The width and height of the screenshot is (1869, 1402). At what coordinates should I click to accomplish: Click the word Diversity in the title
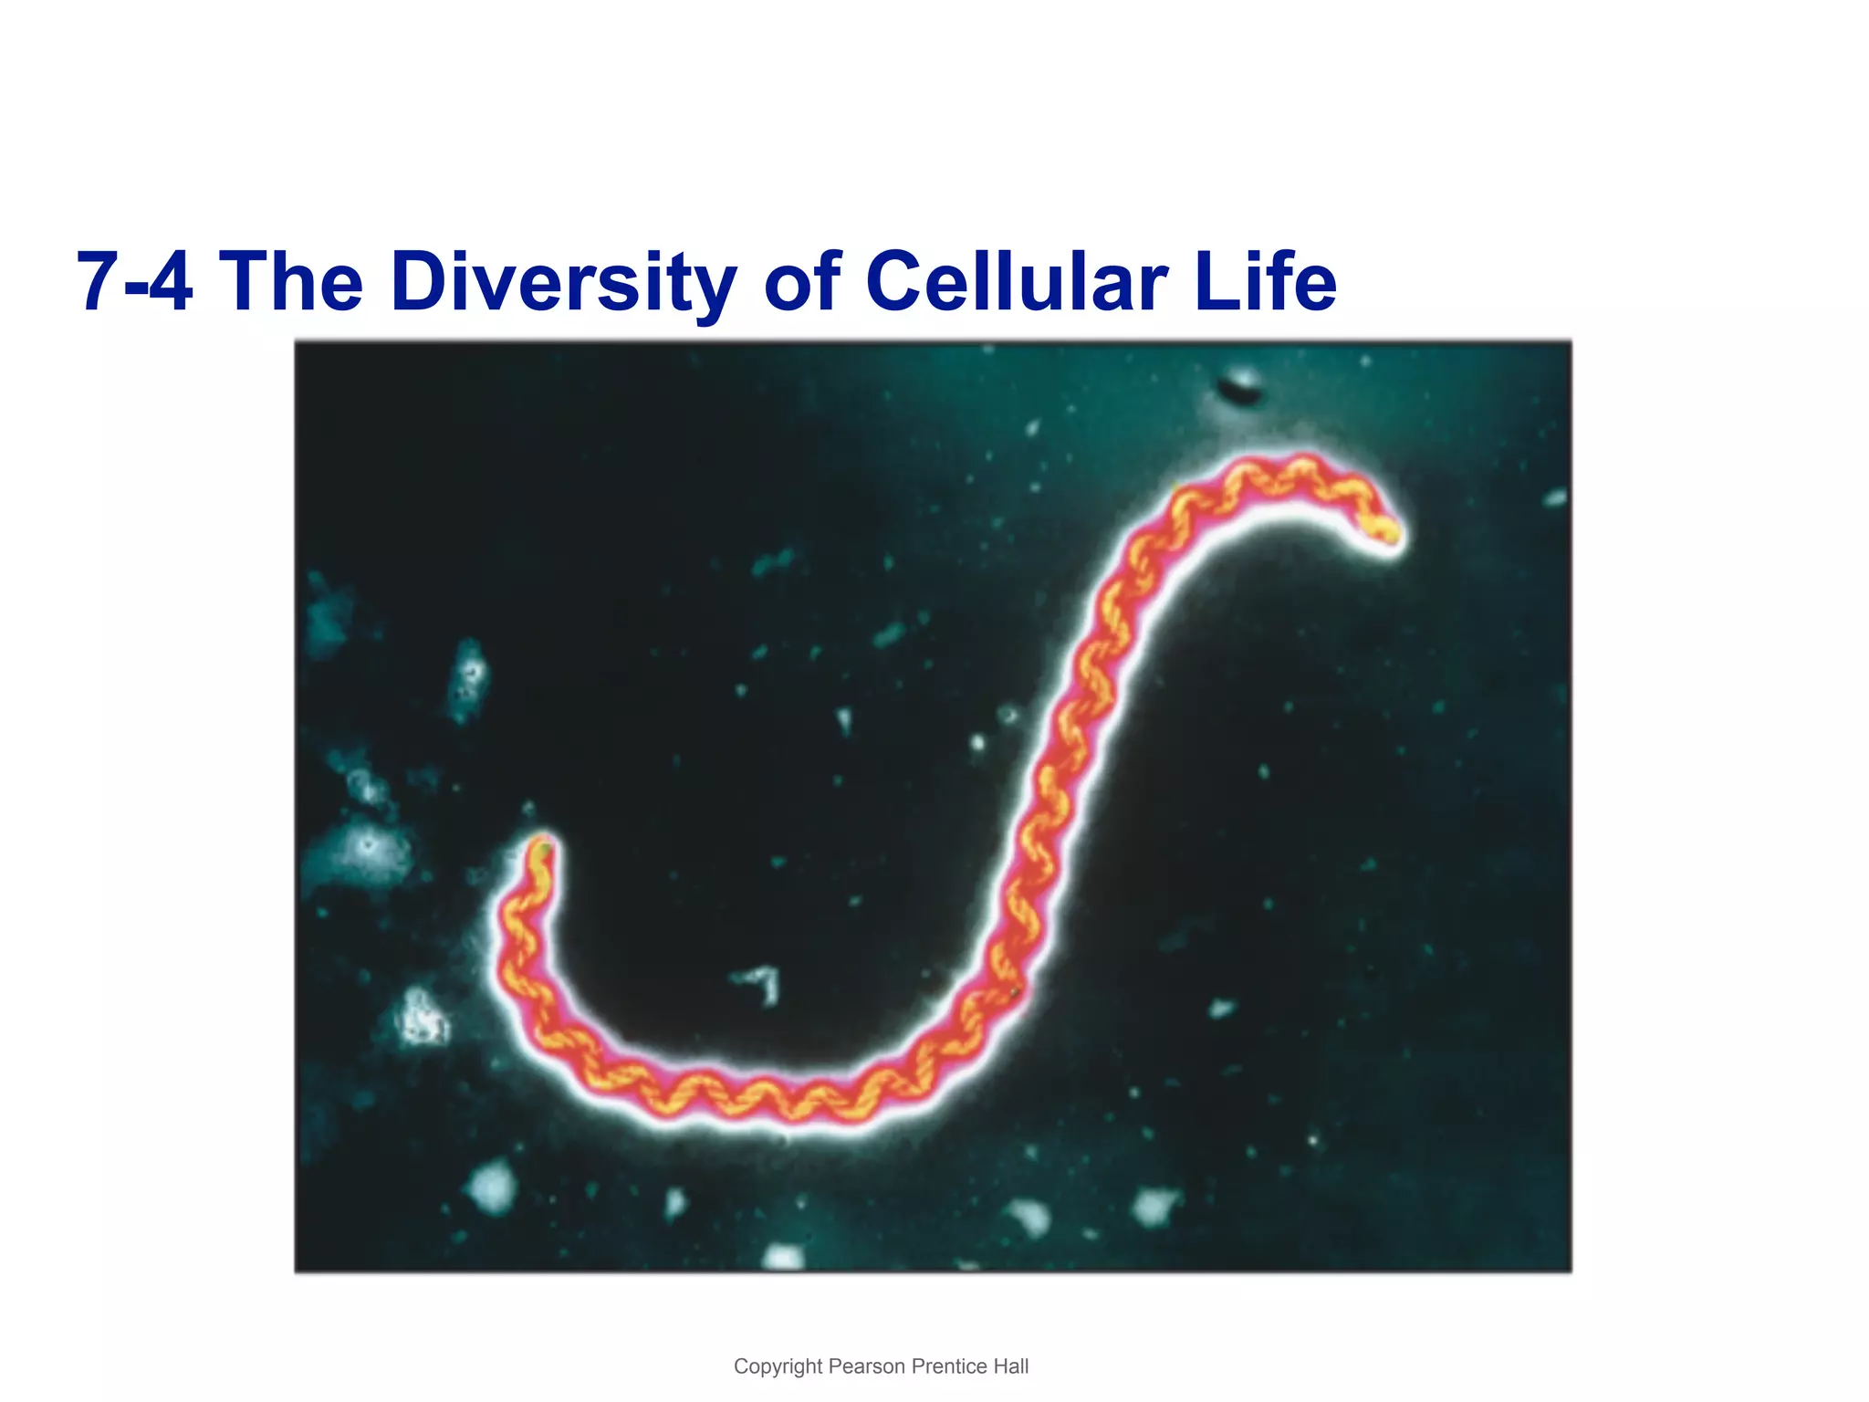tap(563, 282)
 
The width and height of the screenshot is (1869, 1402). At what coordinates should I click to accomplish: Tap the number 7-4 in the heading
tap(135, 282)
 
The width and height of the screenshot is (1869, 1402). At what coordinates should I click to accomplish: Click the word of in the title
tap(802, 282)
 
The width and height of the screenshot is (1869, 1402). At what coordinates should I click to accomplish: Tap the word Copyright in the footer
tap(778, 1366)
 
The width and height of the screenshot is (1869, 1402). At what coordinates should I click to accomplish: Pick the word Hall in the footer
tap(1010, 1366)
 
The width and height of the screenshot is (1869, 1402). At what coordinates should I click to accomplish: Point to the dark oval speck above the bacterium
tap(1241, 386)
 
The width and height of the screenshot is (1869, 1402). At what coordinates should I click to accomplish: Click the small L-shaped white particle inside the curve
tap(765, 983)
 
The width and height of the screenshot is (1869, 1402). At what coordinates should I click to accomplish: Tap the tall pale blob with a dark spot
tap(470, 678)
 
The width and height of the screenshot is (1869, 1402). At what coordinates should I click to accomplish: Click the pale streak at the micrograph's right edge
tap(1555, 498)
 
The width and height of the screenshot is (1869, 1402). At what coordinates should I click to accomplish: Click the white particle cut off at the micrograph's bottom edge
tap(783, 1259)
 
